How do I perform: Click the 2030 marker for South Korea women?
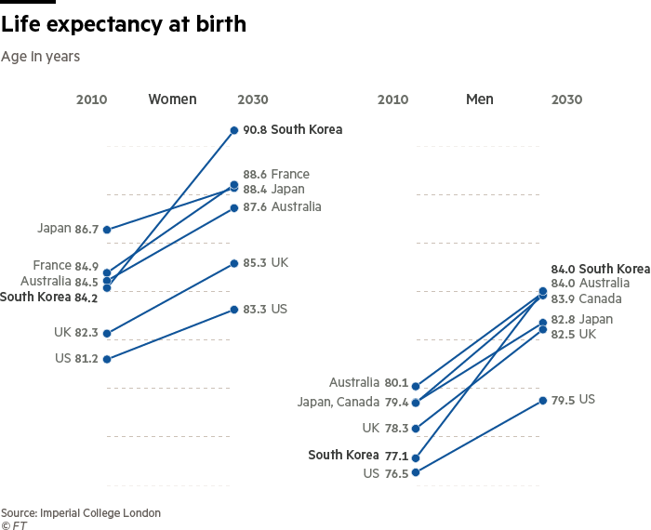[234, 130]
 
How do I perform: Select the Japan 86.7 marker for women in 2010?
[107, 229]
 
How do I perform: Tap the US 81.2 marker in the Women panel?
[107, 359]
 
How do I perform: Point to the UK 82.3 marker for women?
[107, 333]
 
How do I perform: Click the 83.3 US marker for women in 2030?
[234, 309]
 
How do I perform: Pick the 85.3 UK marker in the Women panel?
[234, 263]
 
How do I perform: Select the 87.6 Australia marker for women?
[234, 207]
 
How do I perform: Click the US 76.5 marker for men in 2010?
[416, 472]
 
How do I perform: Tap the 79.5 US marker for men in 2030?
[542, 400]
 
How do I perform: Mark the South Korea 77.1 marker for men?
[416, 458]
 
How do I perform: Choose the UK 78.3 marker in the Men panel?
[416, 429]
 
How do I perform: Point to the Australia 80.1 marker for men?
[416, 386]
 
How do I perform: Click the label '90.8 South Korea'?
[292, 129]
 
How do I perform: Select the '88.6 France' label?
[276, 174]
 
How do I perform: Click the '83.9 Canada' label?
[586, 298]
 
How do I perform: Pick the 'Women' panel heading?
[172, 99]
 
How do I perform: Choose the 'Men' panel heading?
[479, 99]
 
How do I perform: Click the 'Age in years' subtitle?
[40, 57]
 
